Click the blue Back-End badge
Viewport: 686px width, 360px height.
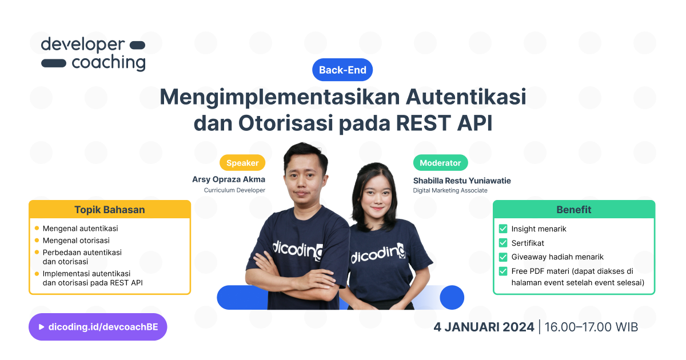(342, 70)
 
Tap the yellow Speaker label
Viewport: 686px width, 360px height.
(242, 163)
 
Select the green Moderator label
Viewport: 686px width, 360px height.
(440, 163)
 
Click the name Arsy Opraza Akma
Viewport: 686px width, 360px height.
(229, 179)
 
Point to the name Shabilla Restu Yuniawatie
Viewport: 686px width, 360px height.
(462, 181)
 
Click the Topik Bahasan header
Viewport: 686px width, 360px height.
(110, 210)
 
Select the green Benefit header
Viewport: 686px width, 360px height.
(574, 210)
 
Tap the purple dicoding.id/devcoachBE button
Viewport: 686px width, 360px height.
(98, 327)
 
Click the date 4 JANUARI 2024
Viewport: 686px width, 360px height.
(484, 327)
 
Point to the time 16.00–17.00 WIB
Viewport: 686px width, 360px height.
(591, 327)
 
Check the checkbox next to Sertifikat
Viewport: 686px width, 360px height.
(503, 243)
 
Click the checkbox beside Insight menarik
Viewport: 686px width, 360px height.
(503, 229)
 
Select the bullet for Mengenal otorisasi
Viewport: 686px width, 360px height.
(37, 241)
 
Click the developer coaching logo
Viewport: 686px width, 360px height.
(93, 54)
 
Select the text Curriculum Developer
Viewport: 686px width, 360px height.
(234, 190)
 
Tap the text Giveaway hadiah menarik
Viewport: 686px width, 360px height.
(557, 257)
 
